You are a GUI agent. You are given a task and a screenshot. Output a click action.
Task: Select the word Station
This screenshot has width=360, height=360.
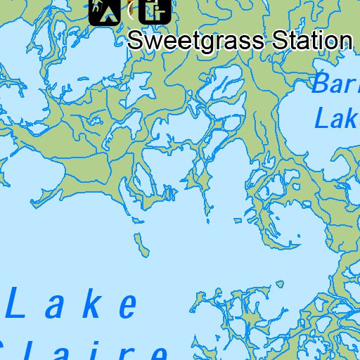[310, 40]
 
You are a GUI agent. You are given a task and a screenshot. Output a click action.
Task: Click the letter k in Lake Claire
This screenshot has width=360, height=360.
[94, 304]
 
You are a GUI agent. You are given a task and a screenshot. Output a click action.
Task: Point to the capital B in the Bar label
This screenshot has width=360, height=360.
[320, 85]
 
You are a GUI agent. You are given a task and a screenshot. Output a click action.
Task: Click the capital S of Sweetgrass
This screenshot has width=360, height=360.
[136, 40]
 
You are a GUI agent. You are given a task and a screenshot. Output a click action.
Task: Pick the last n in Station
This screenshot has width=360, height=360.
[344, 41]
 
